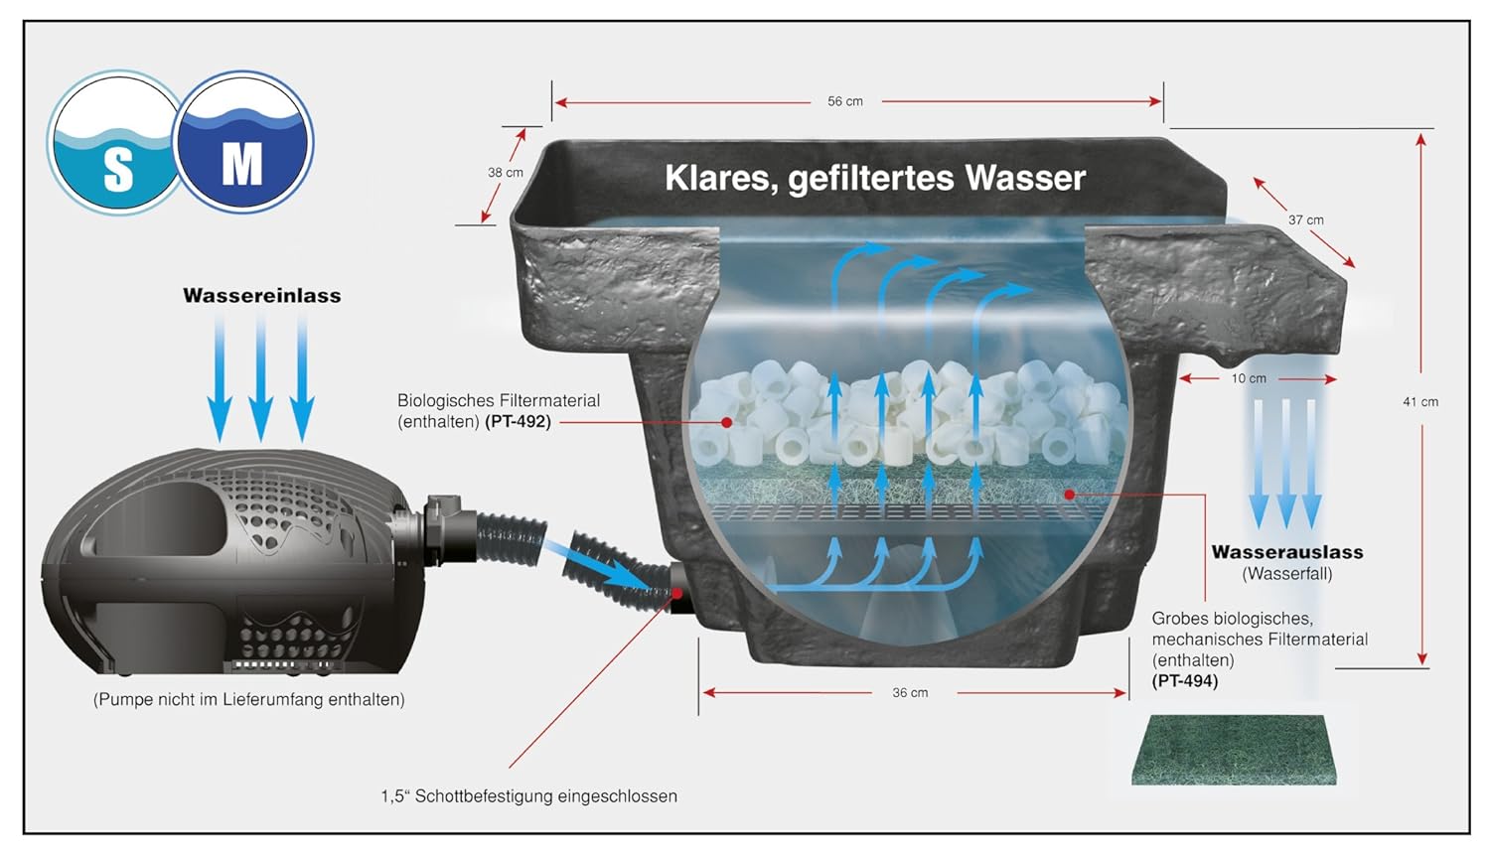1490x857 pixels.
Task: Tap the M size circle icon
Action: [244, 142]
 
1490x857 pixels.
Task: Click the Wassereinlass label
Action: [261, 296]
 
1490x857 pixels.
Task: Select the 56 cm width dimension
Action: [845, 101]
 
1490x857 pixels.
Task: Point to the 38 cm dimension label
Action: [505, 173]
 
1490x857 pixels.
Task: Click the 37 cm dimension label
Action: [1305, 220]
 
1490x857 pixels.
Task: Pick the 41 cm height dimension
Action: [1420, 402]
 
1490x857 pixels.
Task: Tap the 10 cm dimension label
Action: [1249, 378]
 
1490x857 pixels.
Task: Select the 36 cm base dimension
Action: [910, 693]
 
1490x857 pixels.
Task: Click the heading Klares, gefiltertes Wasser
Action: [874, 178]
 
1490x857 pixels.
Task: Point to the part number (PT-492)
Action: [518, 422]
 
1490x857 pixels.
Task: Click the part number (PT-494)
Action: [1185, 681]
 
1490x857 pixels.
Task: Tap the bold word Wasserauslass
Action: [1286, 552]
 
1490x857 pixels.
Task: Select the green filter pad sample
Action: [1242, 749]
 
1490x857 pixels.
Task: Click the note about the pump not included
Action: [249, 700]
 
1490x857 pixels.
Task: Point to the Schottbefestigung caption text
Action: [528, 796]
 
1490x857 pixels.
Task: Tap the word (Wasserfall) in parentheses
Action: [1286, 574]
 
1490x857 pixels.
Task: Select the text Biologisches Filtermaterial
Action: [499, 401]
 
